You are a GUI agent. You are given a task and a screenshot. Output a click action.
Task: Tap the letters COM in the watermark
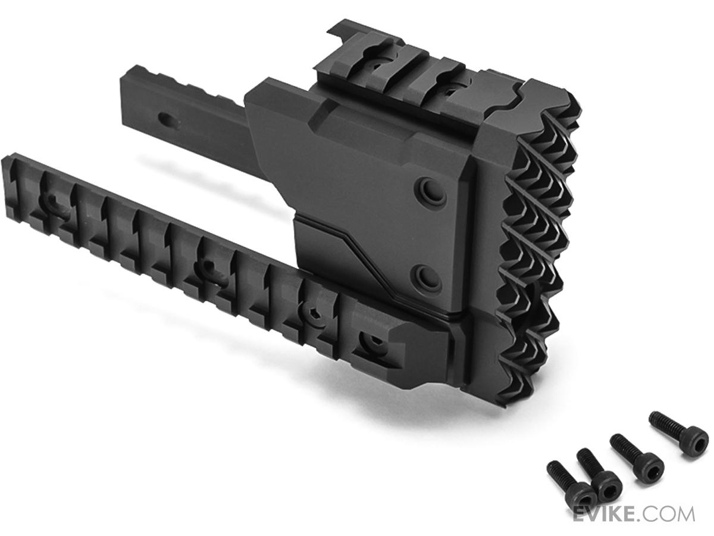(672, 514)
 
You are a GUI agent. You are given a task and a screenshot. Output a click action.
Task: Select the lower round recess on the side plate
(428, 278)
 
